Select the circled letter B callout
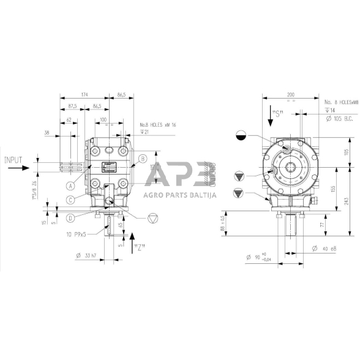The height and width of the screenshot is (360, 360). click(x=141, y=159)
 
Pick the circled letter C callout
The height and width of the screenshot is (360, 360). click(x=71, y=200)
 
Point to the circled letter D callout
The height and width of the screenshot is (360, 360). click(x=71, y=217)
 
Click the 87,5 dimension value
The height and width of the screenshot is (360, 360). click(x=73, y=106)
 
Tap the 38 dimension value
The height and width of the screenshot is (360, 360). click(x=47, y=132)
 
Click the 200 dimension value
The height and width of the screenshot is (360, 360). click(x=290, y=96)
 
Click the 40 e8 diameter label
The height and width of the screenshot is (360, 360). click(x=321, y=248)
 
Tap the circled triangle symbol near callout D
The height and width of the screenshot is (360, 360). click(x=154, y=218)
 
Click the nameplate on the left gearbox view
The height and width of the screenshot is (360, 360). click(x=111, y=167)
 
